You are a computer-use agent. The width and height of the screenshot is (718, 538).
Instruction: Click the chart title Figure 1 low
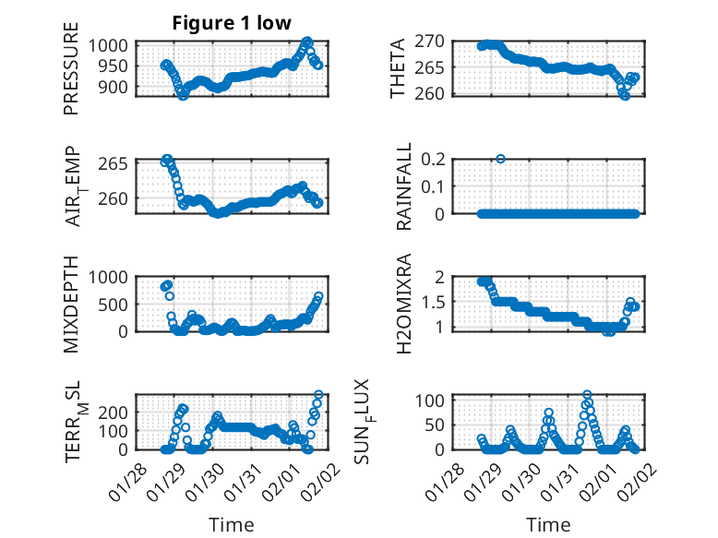pyautogui.click(x=232, y=24)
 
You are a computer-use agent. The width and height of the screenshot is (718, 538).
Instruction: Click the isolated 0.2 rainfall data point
pyautogui.click(x=500, y=159)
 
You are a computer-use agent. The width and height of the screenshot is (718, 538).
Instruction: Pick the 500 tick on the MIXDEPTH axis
pyautogui.click(x=118, y=304)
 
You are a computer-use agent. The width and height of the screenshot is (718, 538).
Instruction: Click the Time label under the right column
pyautogui.click(x=548, y=525)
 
